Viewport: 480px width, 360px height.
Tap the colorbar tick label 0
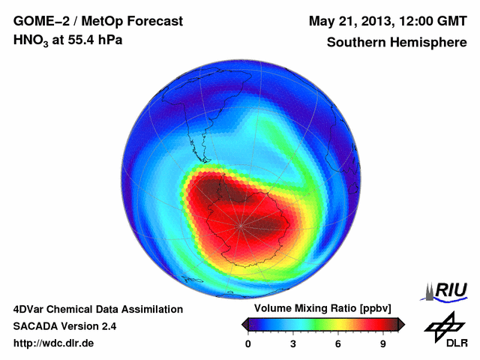tap(248, 343)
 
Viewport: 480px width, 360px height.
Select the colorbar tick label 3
tap(293, 343)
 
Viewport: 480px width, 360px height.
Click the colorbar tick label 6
tap(338, 343)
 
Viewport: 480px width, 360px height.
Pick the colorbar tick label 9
tap(382, 343)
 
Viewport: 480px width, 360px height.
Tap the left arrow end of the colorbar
tap(244, 324)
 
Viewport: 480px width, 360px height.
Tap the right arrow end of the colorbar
tap(401, 324)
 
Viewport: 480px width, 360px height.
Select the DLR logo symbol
tap(444, 327)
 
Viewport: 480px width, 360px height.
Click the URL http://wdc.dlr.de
tap(54, 343)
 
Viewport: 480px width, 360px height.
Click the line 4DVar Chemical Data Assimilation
tap(97, 309)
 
